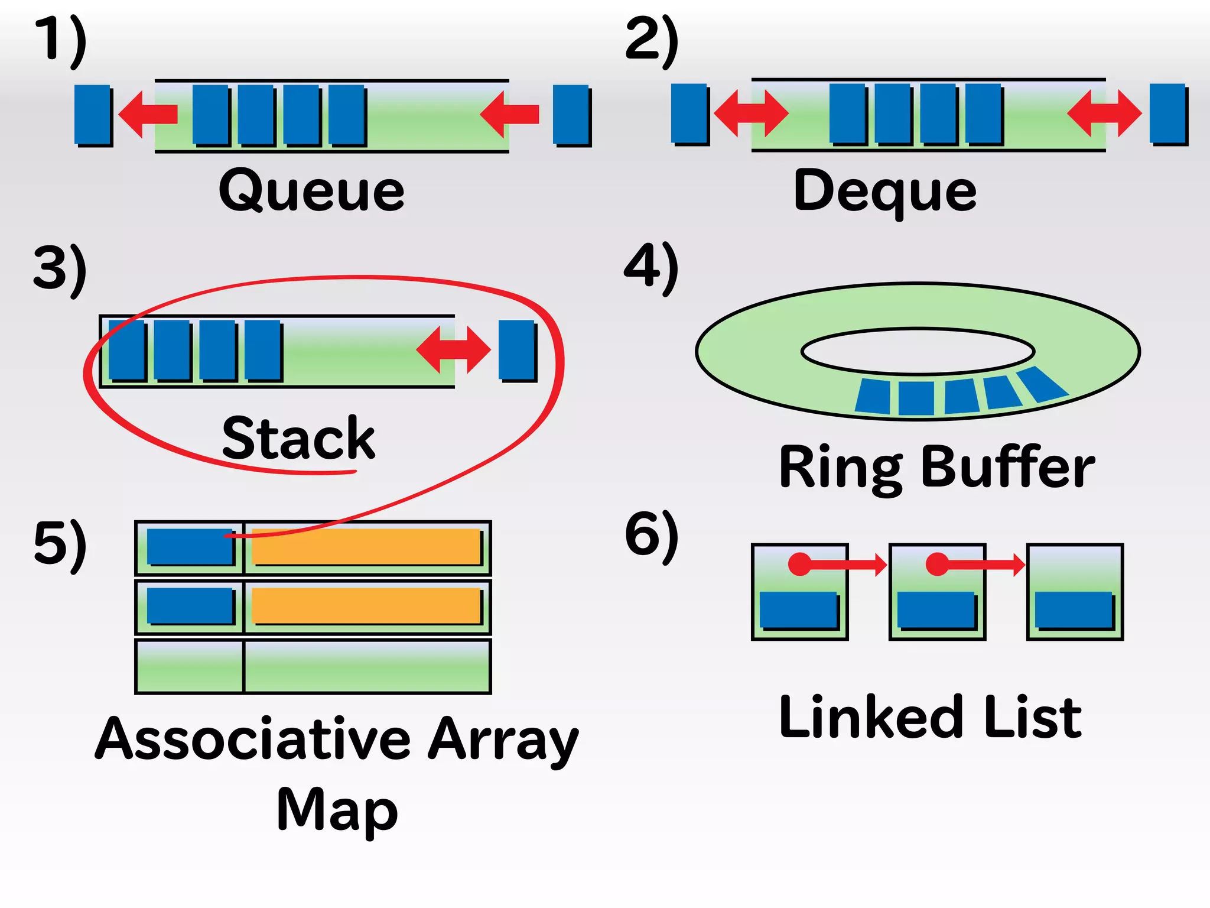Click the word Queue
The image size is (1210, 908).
click(x=311, y=190)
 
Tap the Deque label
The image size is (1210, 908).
click(x=884, y=190)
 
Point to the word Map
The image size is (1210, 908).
click(x=337, y=810)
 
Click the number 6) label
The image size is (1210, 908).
click(x=651, y=535)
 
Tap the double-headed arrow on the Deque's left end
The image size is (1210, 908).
click(x=751, y=112)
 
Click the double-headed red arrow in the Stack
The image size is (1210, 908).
click(x=453, y=349)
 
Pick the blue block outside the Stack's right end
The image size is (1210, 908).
click(x=517, y=350)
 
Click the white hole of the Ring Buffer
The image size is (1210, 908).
click(x=918, y=351)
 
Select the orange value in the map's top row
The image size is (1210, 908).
click(x=366, y=547)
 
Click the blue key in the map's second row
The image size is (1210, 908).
click(x=190, y=605)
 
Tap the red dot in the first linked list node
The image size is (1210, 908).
click(x=800, y=564)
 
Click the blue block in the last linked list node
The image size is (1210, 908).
click(x=1074, y=609)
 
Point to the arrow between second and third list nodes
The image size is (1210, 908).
click(x=981, y=565)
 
